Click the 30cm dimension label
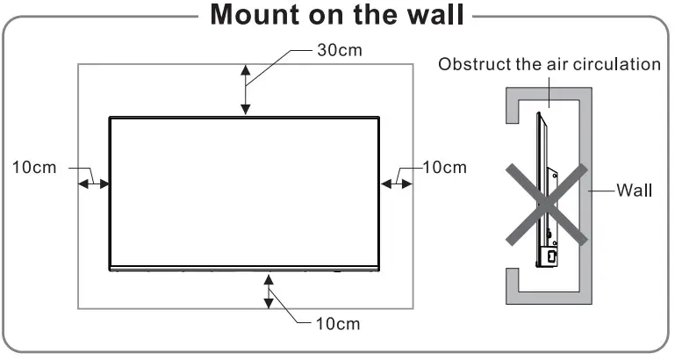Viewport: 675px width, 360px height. coord(338,49)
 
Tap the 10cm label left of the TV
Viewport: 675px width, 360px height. coord(34,167)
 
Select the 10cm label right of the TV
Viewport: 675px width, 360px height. coord(444,167)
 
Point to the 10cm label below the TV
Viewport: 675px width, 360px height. coord(337,324)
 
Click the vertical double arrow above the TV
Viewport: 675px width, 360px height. coord(246,90)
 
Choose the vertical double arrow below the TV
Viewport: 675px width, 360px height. coord(269,291)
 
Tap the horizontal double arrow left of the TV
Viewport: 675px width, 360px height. coord(94,184)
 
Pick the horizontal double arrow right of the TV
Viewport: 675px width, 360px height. coord(396,184)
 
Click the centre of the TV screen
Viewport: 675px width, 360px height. coord(244,191)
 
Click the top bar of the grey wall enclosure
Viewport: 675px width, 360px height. coord(544,94)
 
